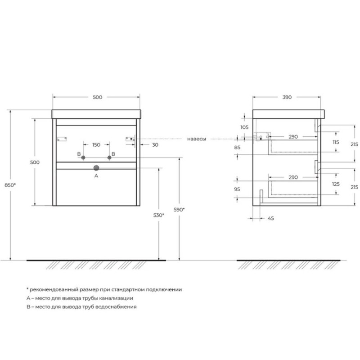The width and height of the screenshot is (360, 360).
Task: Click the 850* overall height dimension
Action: coord(10,185)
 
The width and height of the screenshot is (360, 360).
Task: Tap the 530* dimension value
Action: coord(159,215)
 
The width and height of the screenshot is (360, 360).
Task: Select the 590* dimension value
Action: coord(179,210)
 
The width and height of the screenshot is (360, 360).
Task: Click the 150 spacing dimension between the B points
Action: coord(96,145)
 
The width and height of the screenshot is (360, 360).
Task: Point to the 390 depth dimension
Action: coord(287,97)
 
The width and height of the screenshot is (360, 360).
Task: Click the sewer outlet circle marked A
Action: coord(96,168)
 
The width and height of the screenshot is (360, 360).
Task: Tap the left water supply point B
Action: coord(83,157)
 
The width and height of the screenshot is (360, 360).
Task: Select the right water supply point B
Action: coord(109,157)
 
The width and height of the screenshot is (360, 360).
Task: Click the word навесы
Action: coord(197,139)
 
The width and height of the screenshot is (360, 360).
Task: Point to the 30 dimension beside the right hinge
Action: coord(155,145)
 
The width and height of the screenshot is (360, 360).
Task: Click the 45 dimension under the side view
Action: coord(271,218)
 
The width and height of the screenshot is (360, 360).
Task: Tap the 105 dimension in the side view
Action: coord(244,127)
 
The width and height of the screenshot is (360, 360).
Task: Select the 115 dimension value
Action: coord(336,142)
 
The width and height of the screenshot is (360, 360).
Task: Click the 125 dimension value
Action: coord(336,184)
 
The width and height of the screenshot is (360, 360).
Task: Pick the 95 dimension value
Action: coord(237,189)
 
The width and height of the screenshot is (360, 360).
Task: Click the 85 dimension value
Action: coord(237,148)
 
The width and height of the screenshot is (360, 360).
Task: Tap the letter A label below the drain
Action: coord(96,176)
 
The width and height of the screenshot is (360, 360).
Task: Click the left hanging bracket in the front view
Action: coord(62,139)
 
